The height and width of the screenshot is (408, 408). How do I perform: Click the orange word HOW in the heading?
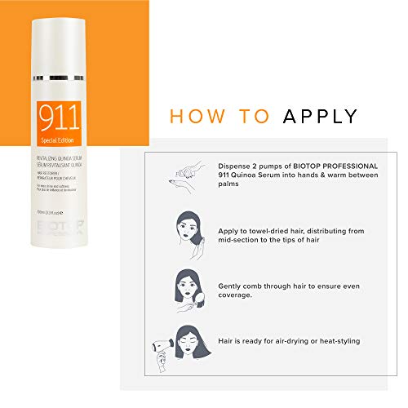[x=195, y=115]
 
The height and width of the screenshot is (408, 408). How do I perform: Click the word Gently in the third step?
[x=231, y=286]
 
